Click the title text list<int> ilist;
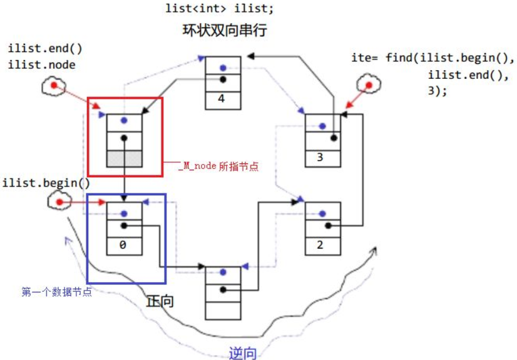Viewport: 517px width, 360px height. [219, 9]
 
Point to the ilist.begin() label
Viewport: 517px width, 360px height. [46, 183]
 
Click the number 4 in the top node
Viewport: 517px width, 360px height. [223, 98]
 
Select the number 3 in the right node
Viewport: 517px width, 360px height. [320, 157]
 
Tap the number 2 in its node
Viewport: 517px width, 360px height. [320, 244]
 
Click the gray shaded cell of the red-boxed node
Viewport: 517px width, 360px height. [125, 158]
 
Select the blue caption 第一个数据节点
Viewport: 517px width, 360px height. [56, 292]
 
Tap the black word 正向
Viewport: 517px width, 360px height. [160, 301]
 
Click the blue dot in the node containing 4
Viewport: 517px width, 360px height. [223, 67]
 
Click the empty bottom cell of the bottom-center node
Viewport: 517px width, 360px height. [223, 310]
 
